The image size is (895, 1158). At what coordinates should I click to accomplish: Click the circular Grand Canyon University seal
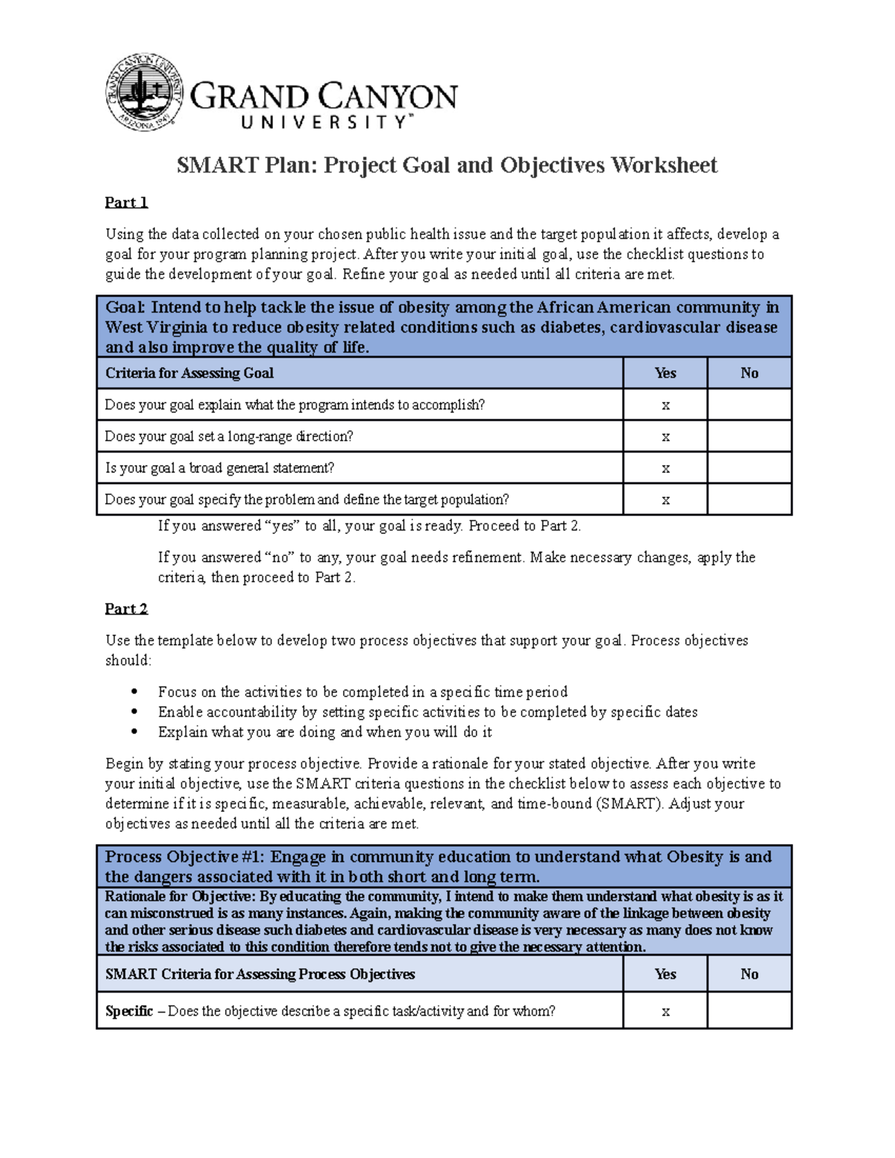144,92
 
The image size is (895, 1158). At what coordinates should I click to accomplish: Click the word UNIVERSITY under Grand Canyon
324,122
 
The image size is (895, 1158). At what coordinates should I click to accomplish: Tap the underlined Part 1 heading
126,202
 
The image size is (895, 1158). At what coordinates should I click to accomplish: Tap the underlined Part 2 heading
126,608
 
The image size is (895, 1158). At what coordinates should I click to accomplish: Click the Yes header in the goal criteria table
665,373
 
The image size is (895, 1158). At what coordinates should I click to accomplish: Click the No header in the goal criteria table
749,373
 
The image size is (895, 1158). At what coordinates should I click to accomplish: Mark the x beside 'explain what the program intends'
665,405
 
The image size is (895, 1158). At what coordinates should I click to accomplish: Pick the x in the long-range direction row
665,437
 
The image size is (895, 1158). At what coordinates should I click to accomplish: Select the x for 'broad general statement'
665,468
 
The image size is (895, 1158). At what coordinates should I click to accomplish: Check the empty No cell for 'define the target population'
749,500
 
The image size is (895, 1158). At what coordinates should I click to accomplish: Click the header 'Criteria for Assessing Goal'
189,373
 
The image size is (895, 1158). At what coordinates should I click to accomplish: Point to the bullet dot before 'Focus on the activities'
134,692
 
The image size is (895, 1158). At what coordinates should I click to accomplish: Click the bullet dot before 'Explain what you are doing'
134,732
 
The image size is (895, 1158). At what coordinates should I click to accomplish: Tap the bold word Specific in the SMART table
129,1011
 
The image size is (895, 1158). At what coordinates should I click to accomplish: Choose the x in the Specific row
665,1011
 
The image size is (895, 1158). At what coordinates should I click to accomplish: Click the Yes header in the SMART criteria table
665,974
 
